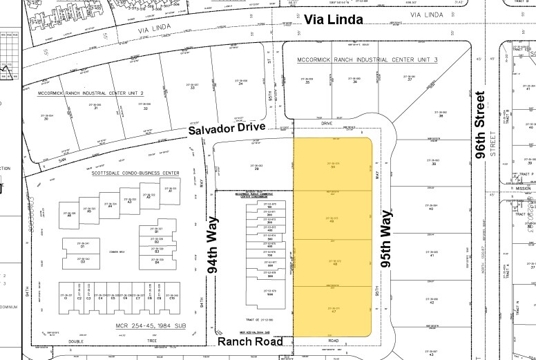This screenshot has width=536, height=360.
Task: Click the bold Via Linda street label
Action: pos(334,21)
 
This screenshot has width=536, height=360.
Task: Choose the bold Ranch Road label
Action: pos(251,342)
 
